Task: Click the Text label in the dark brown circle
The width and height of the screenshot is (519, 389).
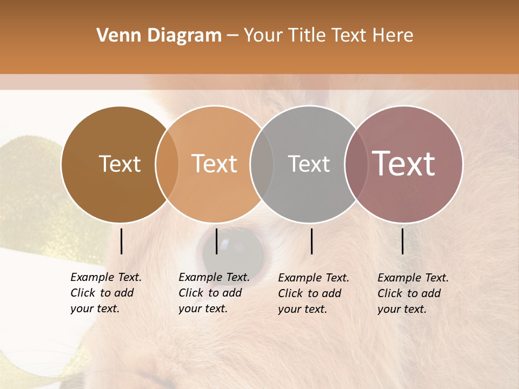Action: tap(119, 164)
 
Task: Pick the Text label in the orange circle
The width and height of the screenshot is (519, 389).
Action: tap(215, 164)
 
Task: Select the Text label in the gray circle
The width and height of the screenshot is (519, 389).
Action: tap(309, 164)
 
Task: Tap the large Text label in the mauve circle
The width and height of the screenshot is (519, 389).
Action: tap(404, 164)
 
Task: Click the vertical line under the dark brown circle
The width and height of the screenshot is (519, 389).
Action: tap(122, 241)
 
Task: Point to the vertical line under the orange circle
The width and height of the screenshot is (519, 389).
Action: tap(216, 241)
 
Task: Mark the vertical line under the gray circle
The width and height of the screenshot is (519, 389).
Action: tap(312, 241)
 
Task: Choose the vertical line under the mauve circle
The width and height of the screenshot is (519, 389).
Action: tap(403, 241)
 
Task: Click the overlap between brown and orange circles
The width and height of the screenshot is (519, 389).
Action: tap(167, 164)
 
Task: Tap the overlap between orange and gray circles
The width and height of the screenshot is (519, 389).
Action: tap(262, 164)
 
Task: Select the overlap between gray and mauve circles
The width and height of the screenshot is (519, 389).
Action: tap(356, 164)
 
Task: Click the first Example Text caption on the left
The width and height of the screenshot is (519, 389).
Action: tap(106, 293)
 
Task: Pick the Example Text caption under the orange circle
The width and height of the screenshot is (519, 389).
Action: tap(214, 293)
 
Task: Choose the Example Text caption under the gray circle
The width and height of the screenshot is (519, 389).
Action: tap(314, 293)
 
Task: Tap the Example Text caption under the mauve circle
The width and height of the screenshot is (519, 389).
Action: tap(413, 293)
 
